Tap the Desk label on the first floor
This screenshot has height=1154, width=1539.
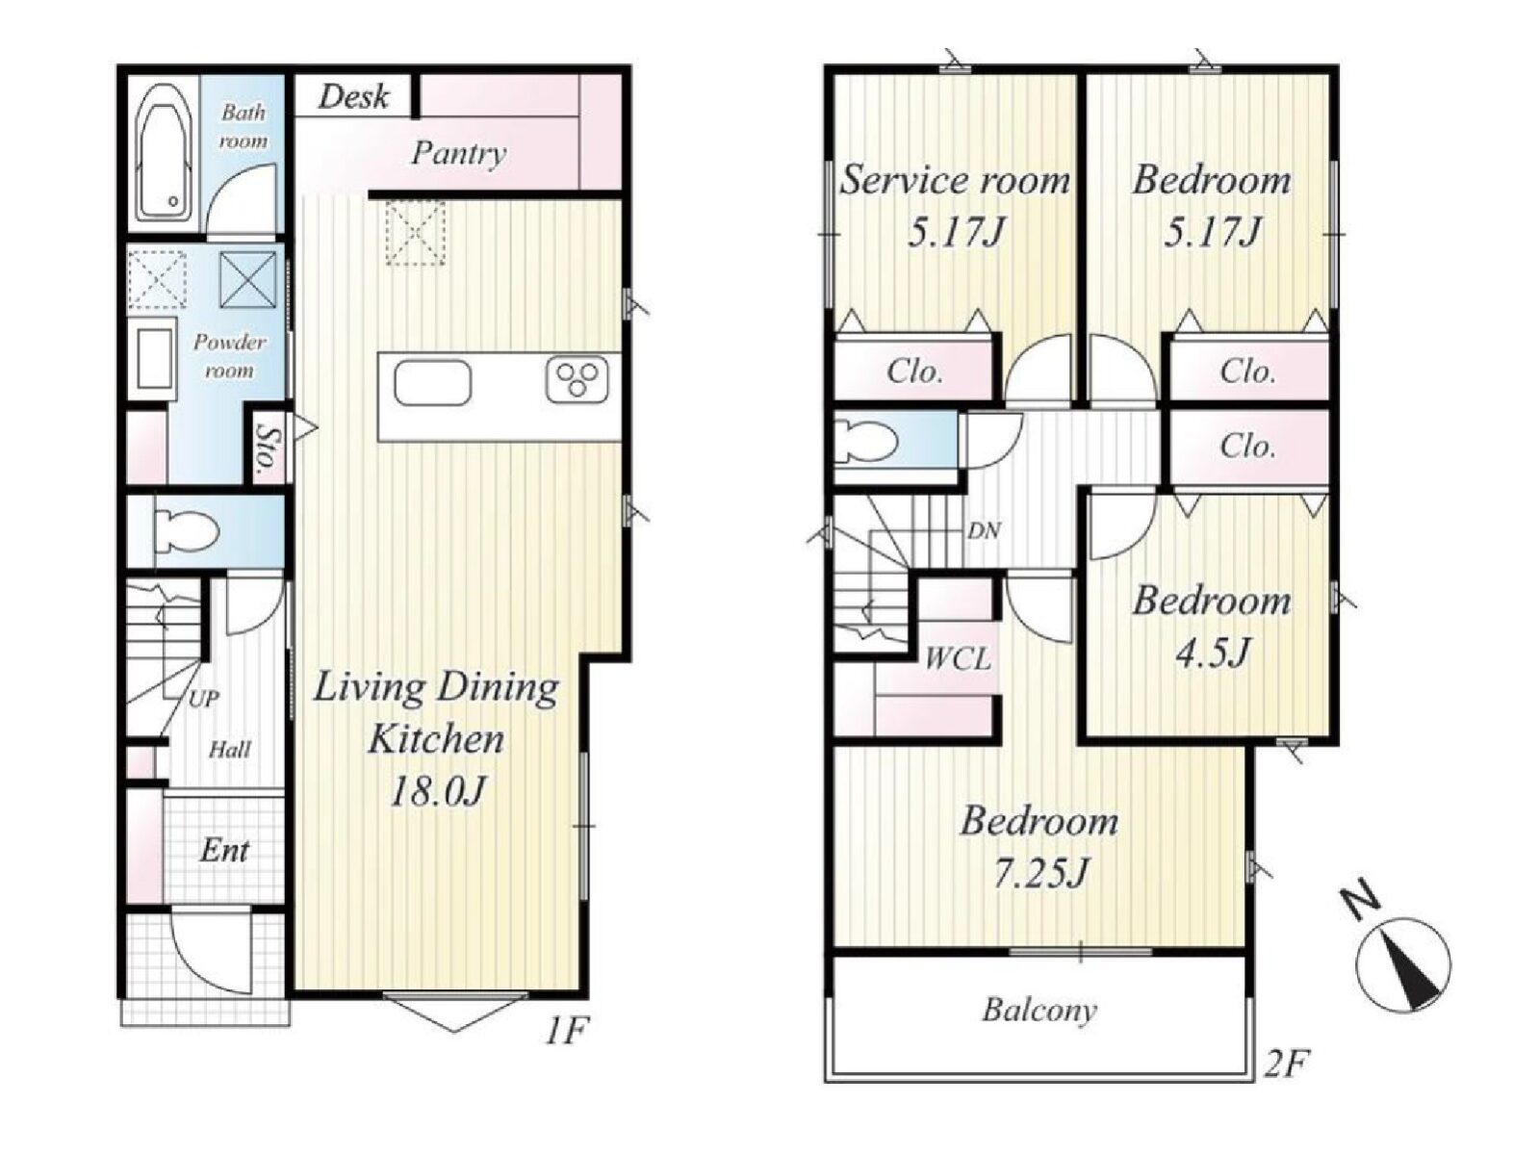point(352,96)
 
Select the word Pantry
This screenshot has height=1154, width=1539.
point(458,153)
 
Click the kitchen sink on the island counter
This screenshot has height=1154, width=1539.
point(432,382)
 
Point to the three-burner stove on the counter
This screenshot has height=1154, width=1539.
point(577,381)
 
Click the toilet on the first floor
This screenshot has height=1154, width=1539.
point(185,530)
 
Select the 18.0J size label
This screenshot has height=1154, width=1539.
point(437,792)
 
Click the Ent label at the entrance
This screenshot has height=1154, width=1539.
point(223,851)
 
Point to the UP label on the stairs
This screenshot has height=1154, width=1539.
point(203,699)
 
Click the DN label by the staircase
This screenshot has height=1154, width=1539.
point(984,530)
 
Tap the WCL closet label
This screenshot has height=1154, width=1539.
point(958,659)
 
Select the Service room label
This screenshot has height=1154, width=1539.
point(955,181)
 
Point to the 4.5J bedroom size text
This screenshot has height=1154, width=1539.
point(1213,654)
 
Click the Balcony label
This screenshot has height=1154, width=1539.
point(1039,1011)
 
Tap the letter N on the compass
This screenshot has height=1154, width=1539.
point(1359,905)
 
